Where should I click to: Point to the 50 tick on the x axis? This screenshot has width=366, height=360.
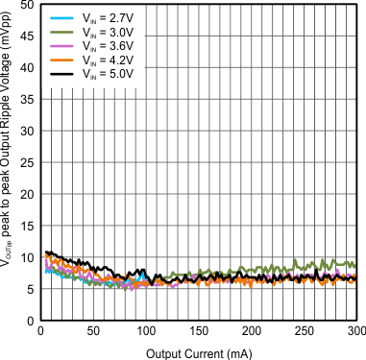(x=93, y=331)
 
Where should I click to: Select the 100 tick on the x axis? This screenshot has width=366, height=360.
(x=146, y=331)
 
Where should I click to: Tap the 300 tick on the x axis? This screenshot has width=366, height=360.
(x=356, y=331)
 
